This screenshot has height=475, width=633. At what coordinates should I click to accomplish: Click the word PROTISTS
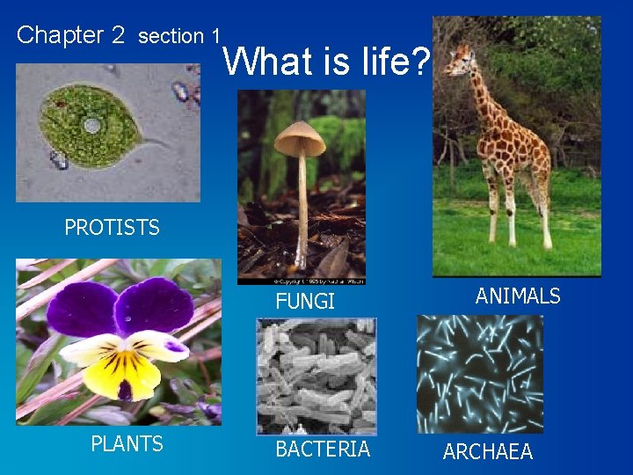point(112,228)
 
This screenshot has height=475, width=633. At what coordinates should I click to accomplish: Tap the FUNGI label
point(305,303)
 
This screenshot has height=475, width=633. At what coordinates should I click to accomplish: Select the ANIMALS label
point(518,296)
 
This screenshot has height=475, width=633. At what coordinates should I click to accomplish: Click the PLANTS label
point(127,444)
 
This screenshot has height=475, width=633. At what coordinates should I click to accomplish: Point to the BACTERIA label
point(323,449)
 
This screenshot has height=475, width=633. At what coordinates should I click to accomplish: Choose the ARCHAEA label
point(488,452)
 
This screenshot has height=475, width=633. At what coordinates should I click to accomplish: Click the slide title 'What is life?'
point(327,62)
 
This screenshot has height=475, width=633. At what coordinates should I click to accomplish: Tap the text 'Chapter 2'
point(71,35)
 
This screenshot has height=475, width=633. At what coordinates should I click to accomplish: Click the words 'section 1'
point(179,36)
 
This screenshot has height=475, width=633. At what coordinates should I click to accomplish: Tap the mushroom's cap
point(300,138)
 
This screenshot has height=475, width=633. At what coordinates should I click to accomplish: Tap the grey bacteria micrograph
point(316,376)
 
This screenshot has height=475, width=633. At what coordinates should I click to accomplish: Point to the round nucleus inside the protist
point(91,126)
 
